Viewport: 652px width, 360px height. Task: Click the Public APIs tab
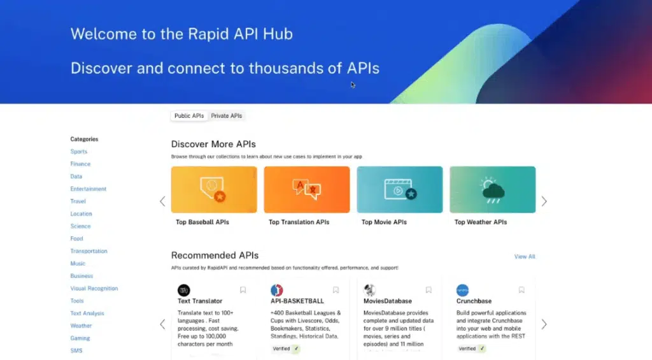pos(189,116)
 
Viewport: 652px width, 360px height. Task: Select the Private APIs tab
pos(227,116)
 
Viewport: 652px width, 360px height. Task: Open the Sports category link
pos(79,152)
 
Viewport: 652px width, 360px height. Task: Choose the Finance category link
pos(80,164)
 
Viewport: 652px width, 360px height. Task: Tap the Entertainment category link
pos(89,189)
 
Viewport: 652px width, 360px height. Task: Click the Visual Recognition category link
pos(94,289)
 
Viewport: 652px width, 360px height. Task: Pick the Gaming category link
pos(80,338)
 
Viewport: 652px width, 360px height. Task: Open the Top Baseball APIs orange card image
pos(214,189)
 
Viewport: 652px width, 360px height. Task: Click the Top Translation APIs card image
pos(307,189)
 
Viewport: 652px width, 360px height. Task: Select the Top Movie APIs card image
pos(400,189)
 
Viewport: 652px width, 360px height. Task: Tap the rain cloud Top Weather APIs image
pos(492,189)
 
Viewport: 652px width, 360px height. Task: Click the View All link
pos(525,257)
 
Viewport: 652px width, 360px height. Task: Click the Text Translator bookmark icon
pos(243,290)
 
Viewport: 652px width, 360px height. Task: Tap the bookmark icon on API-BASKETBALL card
pos(336,290)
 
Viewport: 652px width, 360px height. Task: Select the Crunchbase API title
pos(474,301)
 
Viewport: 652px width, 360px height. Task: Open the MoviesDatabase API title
pos(387,301)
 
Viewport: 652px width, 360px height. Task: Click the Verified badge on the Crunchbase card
pos(471,349)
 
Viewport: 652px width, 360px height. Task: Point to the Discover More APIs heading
pos(213,144)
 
